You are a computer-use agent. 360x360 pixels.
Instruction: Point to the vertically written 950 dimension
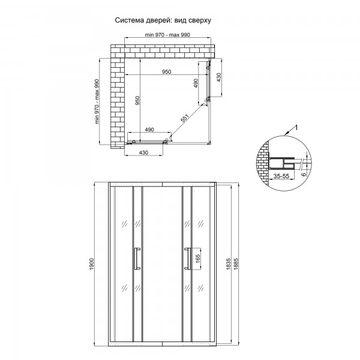(137, 101)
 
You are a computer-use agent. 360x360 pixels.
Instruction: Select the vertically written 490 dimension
(196, 83)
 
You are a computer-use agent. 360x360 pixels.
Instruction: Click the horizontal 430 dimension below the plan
(143, 153)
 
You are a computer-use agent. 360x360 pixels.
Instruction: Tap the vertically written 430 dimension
(220, 77)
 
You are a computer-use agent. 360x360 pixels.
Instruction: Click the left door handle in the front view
(137, 259)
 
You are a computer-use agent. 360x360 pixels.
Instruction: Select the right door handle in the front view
(187, 259)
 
